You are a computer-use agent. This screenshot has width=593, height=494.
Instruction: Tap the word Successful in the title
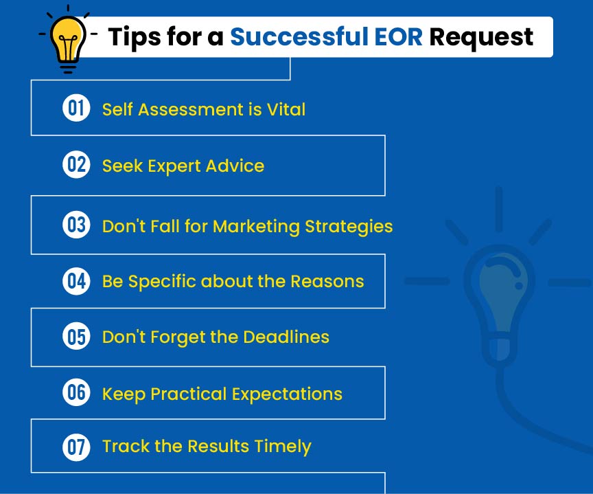(299, 36)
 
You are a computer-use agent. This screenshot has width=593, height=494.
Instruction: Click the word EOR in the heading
(398, 37)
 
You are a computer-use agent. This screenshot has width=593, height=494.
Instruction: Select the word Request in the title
(481, 38)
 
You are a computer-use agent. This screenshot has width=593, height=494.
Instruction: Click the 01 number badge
(76, 108)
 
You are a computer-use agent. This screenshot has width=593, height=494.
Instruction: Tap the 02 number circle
(76, 164)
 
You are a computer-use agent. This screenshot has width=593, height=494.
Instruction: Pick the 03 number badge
(76, 225)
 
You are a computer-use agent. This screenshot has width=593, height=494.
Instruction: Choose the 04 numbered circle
(76, 281)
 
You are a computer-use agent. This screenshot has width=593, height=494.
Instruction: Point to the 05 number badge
(76, 336)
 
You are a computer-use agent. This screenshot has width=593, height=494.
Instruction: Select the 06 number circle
(76, 392)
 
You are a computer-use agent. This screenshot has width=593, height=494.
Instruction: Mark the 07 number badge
(76, 447)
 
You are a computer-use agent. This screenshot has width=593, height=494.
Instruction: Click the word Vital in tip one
(286, 109)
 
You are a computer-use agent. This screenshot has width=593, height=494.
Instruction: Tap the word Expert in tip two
(174, 166)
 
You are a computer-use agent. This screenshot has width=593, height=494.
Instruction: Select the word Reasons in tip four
(327, 281)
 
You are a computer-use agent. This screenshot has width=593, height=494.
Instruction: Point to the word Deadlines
(286, 337)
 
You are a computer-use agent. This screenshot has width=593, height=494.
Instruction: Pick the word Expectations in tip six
(287, 394)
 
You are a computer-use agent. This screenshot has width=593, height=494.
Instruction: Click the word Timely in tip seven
(283, 447)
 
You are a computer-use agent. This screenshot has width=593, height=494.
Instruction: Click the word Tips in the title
(135, 38)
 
